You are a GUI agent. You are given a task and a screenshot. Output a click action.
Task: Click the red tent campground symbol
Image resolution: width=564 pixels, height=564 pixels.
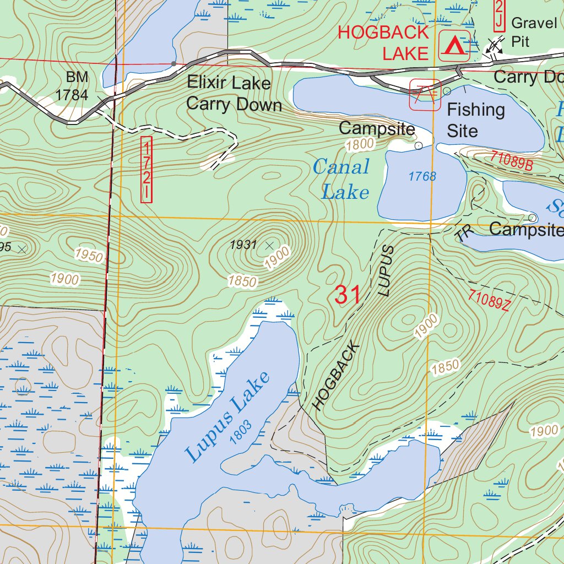point(454,45)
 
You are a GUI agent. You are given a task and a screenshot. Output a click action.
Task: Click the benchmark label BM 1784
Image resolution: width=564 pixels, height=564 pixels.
point(72,86)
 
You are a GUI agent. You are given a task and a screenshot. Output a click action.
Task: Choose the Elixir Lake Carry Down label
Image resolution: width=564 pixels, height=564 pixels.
point(234,94)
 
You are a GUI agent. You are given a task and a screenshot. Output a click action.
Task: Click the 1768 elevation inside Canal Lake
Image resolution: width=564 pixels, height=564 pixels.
point(422,177)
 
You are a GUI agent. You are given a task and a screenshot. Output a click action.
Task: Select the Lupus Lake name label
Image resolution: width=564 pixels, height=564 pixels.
point(227,416)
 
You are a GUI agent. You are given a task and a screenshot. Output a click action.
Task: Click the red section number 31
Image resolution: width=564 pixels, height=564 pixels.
point(348,295)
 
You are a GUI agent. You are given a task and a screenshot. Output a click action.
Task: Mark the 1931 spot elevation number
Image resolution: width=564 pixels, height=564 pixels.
point(243,245)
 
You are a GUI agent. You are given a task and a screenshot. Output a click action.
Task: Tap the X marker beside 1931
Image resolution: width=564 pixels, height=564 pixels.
point(269,245)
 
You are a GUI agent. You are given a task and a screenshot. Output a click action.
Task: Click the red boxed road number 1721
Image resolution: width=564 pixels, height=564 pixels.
point(146,170)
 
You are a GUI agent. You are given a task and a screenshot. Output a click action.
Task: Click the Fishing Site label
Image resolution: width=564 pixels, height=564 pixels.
point(475,120)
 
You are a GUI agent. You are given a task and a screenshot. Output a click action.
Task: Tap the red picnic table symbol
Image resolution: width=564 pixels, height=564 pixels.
point(424,94)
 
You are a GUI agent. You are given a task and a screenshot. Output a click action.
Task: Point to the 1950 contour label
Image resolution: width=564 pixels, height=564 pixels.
point(89,256)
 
